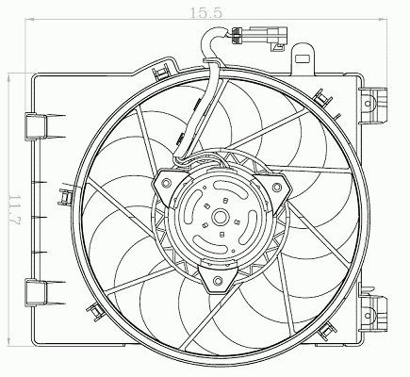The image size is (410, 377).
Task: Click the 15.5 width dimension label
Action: (206, 12)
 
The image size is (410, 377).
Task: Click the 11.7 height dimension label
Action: (14, 210)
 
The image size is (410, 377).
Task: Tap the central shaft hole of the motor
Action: (220, 217)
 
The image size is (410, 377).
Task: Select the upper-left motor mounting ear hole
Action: (166, 183)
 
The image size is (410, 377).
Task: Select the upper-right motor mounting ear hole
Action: (276, 188)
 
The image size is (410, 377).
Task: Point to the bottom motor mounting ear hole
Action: (218, 281)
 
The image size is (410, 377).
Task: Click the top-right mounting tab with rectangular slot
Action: (303, 58)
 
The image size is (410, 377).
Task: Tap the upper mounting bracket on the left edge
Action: (36, 125)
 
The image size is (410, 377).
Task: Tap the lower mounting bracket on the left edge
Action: (36, 292)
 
